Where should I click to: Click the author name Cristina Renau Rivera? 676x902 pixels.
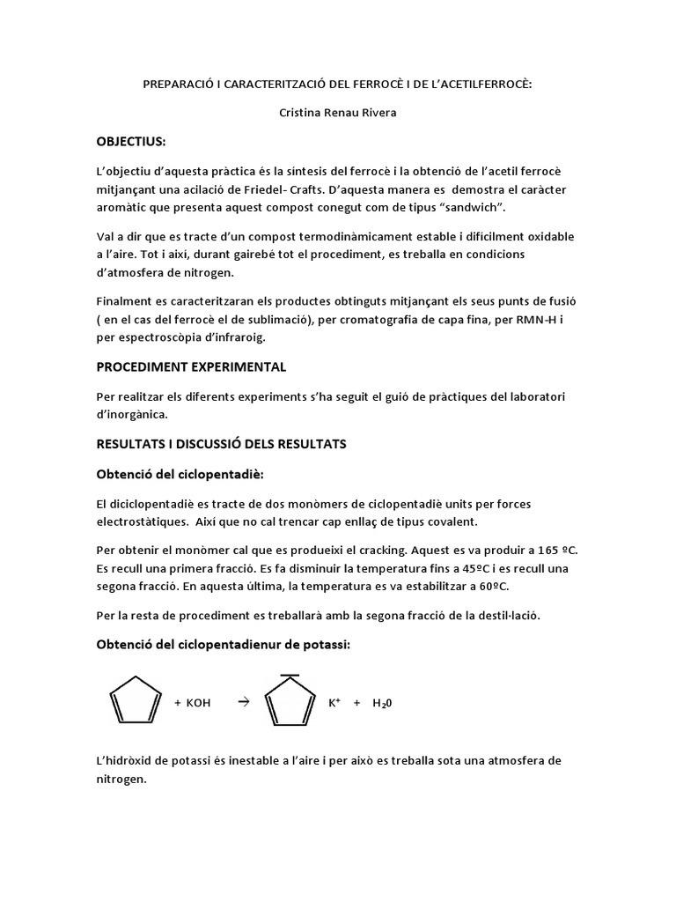[x=337, y=113]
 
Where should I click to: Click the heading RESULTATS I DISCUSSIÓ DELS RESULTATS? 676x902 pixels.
[x=221, y=444]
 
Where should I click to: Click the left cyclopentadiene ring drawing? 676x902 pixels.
[x=136, y=702]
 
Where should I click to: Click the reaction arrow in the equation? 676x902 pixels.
[x=244, y=702]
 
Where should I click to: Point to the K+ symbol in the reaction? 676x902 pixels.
[x=334, y=702]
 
